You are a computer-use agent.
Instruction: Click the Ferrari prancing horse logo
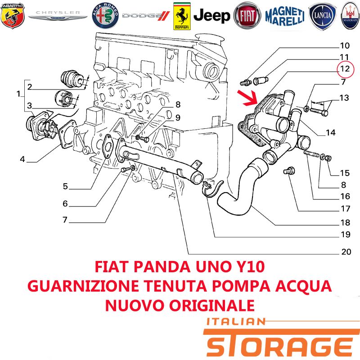pos(182,16)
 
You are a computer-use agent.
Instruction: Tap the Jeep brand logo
pos(211,16)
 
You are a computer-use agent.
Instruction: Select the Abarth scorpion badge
pos(13,16)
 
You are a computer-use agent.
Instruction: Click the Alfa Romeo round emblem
pos(105,16)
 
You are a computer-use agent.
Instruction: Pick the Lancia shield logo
pos(322,16)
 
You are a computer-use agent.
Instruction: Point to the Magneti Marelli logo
pos(285,16)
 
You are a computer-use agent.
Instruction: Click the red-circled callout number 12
pos(345,69)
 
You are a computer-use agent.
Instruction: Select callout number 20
pos(346,252)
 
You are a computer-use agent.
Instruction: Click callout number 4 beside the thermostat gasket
pos(22,159)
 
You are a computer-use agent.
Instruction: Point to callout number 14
pos(331,132)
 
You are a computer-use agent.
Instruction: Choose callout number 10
pos(345,45)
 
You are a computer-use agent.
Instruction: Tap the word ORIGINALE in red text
pos(212,306)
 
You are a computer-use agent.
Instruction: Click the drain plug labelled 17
pos(289,171)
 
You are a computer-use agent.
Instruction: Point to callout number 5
pos(65,186)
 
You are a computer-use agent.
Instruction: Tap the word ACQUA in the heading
pos(303,286)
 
